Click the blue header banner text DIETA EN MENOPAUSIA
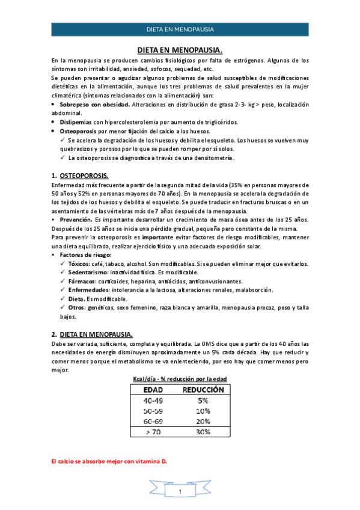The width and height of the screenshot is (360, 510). click(x=180, y=29)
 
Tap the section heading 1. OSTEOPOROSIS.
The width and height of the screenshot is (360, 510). click(x=79, y=176)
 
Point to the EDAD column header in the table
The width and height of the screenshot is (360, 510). click(x=152, y=389)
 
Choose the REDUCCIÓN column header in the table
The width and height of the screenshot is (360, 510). click(x=203, y=389)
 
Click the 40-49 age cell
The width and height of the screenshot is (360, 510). click(x=152, y=400)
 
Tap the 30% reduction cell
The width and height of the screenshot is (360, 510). click(x=203, y=432)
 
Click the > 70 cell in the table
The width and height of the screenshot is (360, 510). click(x=152, y=432)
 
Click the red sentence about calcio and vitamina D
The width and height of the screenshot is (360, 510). click(x=109, y=461)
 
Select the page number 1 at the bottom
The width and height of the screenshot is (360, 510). click(x=180, y=493)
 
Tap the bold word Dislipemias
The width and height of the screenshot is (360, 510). click(x=76, y=121)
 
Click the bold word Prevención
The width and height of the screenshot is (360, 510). click(x=76, y=220)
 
